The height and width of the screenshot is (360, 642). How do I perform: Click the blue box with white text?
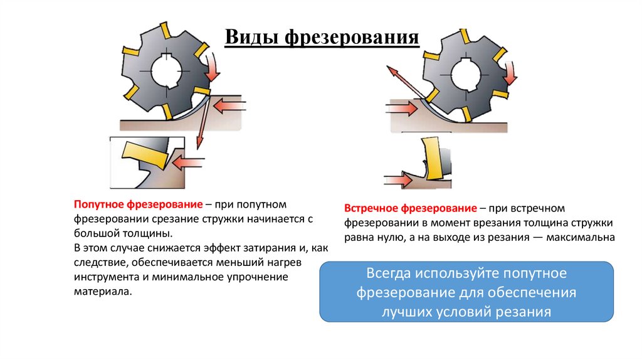coord(466,292)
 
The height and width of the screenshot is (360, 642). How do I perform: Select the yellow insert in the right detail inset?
coord(431,157)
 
